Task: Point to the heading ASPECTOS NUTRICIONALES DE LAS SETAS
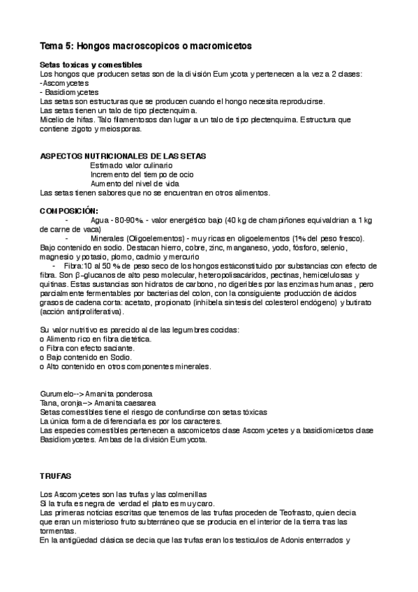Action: tap(122, 156)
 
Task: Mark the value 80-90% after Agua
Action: tap(128, 220)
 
